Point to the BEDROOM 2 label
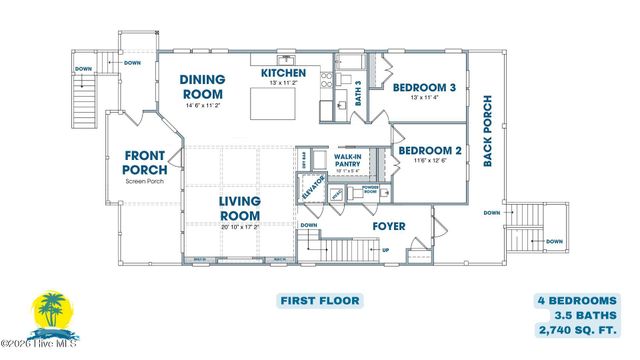[x=430, y=152]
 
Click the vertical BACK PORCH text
[x=488, y=131]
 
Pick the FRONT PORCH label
[x=146, y=162]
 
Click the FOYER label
[x=388, y=226]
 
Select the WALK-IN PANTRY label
[x=347, y=162]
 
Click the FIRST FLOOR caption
[x=319, y=300]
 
